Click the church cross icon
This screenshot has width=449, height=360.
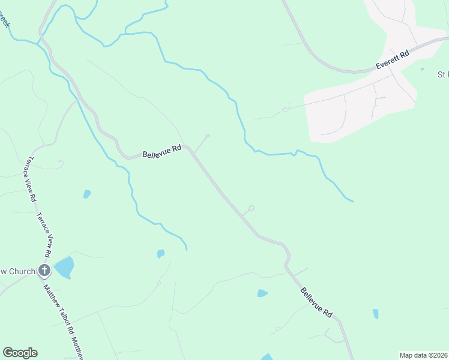pyautogui.click(x=44, y=271)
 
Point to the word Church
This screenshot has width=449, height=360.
pyautogui.click(x=22, y=271)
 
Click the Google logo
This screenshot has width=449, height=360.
pyautogui.click(x=20, y=353)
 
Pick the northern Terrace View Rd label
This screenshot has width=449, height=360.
pyautogui.click(x=30, y=179)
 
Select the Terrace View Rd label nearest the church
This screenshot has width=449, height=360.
pyautogui.click(x=46, y=237)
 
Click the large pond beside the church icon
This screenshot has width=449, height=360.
pyautogui.click(x=64, y=267)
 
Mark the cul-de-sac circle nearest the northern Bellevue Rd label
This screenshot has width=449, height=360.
pyautogui.click(x=208, y=136)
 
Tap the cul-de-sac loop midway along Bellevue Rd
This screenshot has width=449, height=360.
pyautogui.click(x=252, y=208)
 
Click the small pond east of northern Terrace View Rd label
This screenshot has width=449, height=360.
pyautogui.click(x=87, y=194)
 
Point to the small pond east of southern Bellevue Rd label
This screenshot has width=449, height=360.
pyautogui.click(x=376, y=314)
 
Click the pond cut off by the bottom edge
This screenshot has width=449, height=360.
pyautogui.click(x=267, y=357)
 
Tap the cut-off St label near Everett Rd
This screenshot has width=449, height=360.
pyautogui.click(x=443, y=74)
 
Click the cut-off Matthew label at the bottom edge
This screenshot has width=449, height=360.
pyautogui.click(x=77, y=348)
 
